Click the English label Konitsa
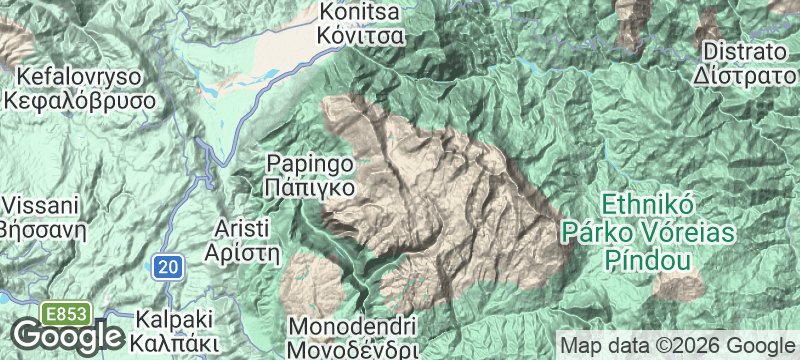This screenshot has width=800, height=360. click(360, 13)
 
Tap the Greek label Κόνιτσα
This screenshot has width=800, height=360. click(360, 37)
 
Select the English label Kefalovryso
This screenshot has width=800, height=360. click(80, 77)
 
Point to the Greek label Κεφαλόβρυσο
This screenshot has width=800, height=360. click(80, 101)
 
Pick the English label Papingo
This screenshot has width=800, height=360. click(309, 163)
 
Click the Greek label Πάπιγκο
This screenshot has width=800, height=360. click(309, 186)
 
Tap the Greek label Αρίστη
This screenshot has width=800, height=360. click(240, 252)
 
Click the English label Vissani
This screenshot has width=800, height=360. click(39, 206)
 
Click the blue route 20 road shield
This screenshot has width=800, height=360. click(169, 266)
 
